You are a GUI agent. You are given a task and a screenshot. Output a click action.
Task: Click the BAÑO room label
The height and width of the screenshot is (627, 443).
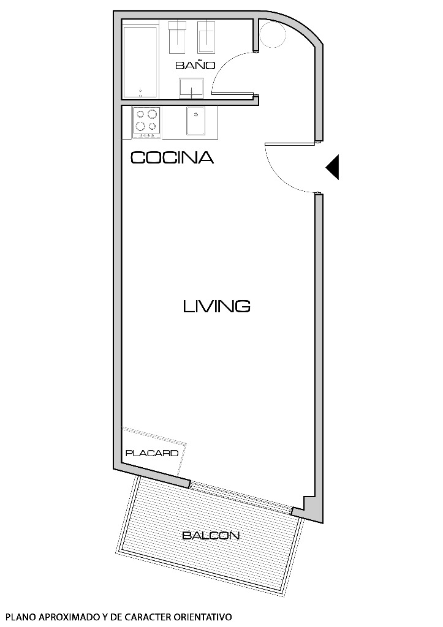pos(195,65)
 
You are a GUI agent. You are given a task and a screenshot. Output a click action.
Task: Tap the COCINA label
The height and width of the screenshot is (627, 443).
pos(172,158)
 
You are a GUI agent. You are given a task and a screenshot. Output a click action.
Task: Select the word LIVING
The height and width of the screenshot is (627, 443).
pos(216,306)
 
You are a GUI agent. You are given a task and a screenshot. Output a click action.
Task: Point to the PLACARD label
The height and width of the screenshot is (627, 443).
pos(151,454)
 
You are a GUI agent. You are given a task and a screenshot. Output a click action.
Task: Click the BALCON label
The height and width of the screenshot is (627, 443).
pos(210,536)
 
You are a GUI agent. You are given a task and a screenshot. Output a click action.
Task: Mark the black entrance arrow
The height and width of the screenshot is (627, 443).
pos(333,167)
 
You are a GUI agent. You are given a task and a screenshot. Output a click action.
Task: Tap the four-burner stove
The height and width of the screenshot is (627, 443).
pos(146,121)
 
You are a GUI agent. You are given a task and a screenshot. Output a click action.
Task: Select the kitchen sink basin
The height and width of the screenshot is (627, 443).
pos(196,121)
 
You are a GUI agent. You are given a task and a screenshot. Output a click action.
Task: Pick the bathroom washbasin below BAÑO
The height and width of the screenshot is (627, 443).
pos(192,88)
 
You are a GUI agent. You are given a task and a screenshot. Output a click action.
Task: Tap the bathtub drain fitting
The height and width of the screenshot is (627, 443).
pos(140,92)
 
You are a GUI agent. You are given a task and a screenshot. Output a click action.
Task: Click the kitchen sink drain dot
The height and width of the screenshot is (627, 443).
pos(196,113)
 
